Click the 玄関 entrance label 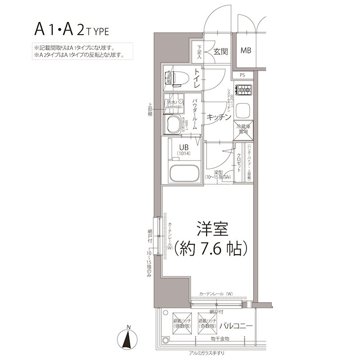[220, 51]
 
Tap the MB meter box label [245, 50]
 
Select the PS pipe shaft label [242, 75]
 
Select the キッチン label [219, 117]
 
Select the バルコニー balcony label [236, 326]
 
